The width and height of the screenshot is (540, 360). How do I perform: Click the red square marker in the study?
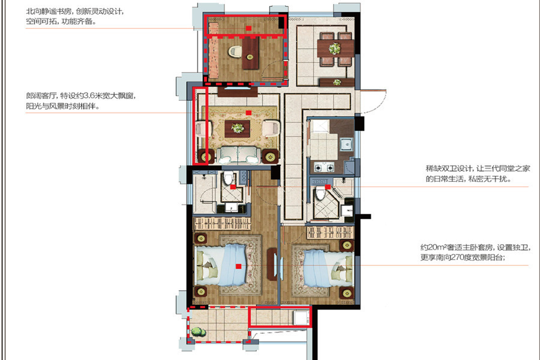click(x=248, y=28)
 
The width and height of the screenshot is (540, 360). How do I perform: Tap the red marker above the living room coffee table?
click(x=248, y=112)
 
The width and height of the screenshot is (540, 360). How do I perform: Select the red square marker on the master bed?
click(x=238, y=266)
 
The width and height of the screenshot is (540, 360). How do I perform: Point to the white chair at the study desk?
click(x=236, y=52)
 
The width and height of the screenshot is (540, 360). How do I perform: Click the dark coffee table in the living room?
click(x=237, y=128)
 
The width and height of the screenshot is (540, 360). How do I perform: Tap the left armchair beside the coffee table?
click(x=203, y=129)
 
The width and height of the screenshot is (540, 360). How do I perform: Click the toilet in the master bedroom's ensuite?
click(x=227, y=179)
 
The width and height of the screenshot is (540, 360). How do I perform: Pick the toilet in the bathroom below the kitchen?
click(x=320, y=194)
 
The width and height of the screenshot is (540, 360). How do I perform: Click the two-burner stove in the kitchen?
click(x=324, y=168)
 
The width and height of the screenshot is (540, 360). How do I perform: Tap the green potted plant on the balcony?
click(x=197, y=332)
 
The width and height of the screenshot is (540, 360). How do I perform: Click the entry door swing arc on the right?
click(x=377, y=103)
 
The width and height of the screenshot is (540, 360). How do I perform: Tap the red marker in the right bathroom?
click(x=328, y=187)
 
